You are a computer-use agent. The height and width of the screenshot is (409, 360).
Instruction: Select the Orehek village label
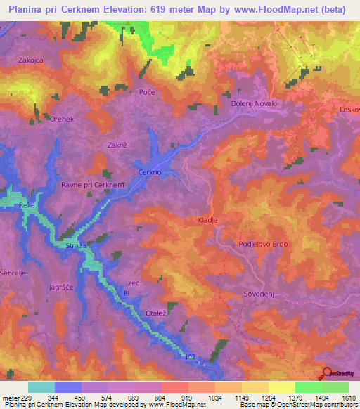point(62,119)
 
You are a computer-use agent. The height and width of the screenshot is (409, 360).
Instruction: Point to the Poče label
point(146,93)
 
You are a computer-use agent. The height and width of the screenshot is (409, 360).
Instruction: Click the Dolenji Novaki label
point(255,104)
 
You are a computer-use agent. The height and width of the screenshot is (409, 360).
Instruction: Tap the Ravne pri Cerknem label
point(93,185)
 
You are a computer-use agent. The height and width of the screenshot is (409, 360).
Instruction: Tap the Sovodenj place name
point(257,295)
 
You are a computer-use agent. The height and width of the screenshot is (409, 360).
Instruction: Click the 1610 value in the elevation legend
point(346,398)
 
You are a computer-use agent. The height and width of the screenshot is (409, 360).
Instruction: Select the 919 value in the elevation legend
point(187,398)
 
